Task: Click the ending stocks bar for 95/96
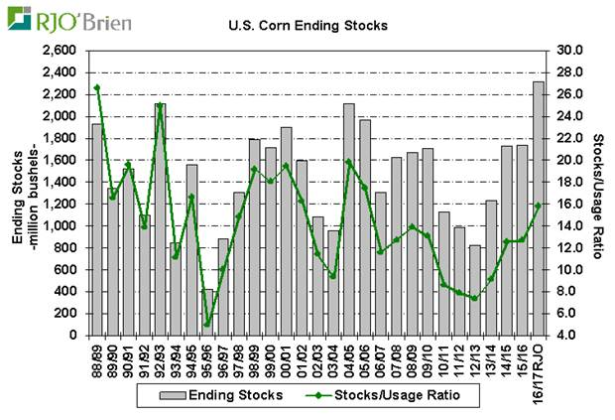pyautogui.click(x=207, y=313)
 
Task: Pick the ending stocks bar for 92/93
pyautogui.click(x=160, y=219)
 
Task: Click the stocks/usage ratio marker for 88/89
pyautogui.click(x=97, y=87)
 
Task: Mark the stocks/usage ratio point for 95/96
pyautogui.click(x=207, y=324)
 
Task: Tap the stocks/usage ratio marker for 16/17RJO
pyautogui.click(x=539, y=206)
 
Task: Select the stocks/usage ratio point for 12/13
pyautogui.click(x=474, y=299)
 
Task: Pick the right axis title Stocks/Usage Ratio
pyautogui.click(x=600, y=194)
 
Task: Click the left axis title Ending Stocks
pyautogui.click(x=18, y=194)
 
